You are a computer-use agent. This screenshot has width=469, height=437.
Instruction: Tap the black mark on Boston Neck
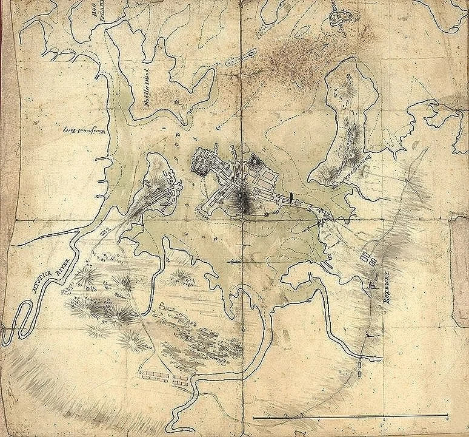pos(293,197)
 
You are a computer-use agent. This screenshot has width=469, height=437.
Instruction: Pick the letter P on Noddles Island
pos(176,103)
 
